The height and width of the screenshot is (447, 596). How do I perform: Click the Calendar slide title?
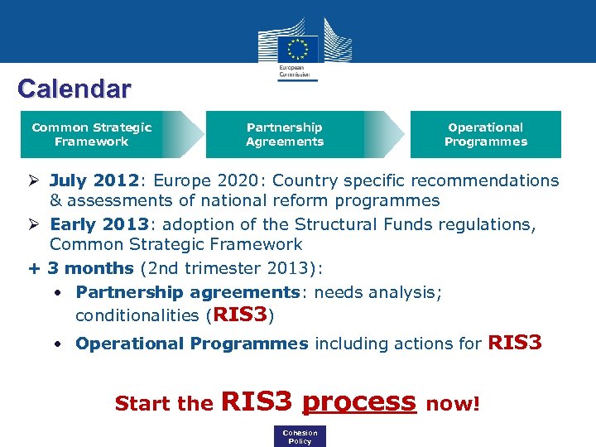coord(74,89)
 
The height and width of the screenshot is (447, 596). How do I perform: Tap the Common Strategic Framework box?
coord(92,134)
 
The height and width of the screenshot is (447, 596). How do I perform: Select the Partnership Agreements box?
coord(285,134)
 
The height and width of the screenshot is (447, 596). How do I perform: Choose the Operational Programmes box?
coord(486,134)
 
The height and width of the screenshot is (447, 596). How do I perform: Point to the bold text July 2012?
coord(93,180)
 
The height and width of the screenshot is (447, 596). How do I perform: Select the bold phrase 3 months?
coord(90,268)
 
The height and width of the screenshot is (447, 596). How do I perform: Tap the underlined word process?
coord(358,401)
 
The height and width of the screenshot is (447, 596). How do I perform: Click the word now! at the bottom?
coord(452,404)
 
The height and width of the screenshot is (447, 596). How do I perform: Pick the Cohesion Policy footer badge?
coord(300,437)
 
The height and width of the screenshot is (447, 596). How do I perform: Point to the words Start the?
coord(164,404)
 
